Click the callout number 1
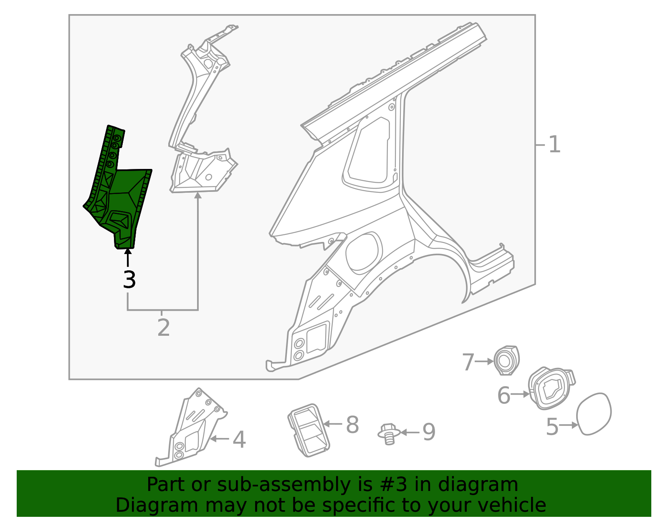tap(554, 145)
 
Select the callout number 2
tap(164, 328)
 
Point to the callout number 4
tap(239, 440)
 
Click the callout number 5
tap(552, 426)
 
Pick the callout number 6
tap(504, 395)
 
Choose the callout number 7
tap(468, 362)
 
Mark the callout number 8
tap(352, 425)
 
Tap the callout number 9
tap(429, 432)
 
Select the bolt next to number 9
tap(389, 434)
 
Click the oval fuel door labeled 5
tap(594, 414)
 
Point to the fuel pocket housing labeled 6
tap(550, 389)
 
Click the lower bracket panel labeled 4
tap(190, 434)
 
